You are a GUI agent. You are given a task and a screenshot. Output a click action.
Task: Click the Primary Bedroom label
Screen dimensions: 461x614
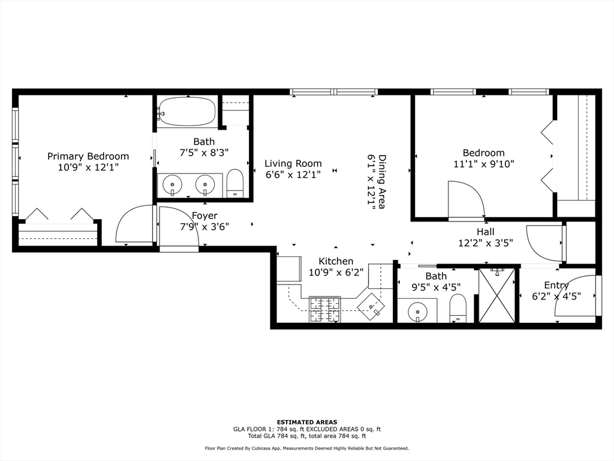[88, 156]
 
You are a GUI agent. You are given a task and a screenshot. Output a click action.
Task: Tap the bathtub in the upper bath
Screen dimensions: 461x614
[186, 112]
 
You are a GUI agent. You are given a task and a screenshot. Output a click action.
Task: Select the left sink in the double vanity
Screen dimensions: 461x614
[173, 184]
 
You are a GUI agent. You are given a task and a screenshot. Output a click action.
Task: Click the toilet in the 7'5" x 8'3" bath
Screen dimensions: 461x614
[235, 183]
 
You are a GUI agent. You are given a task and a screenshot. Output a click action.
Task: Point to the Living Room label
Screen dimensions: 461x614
[293, 163]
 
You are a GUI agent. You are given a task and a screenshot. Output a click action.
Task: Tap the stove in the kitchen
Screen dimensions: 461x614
[324, 309]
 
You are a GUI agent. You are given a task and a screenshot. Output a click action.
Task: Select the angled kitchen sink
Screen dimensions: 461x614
[371, 304]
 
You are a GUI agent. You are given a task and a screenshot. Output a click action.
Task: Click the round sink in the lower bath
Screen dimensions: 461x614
[417, 312]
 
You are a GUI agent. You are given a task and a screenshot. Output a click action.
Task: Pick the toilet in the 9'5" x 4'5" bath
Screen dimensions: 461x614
[458, 308]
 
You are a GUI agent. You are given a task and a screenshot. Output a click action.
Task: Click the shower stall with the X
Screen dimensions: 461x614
[497, 295]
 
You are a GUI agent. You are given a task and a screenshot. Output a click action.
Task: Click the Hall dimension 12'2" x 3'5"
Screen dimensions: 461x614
[485, 243]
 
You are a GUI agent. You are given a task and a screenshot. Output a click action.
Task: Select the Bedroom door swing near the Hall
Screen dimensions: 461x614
[466, 201]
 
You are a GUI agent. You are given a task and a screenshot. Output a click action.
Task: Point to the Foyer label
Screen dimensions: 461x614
[204, 215]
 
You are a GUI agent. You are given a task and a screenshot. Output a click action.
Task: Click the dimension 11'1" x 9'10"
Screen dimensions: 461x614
[483, 163]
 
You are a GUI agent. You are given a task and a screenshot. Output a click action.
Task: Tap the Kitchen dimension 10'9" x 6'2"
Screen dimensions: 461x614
[336, 272]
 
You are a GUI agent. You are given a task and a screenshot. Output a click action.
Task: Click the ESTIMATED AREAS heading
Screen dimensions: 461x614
[307, 422]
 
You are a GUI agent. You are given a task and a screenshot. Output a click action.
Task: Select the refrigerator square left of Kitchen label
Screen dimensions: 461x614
[288, 268]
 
